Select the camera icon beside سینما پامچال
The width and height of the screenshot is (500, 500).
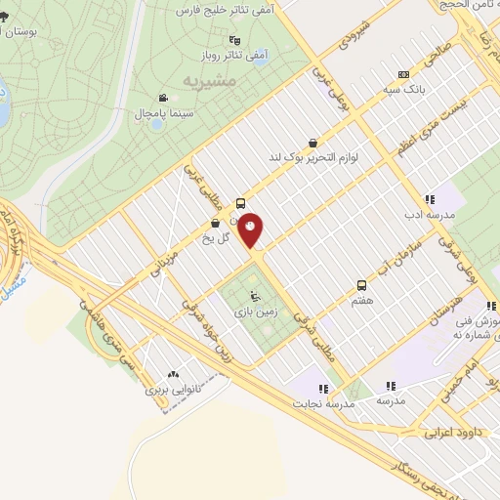click(162, 98)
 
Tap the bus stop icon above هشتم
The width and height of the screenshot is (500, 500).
click(362, 285)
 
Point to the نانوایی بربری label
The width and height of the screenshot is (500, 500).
click(171, 390)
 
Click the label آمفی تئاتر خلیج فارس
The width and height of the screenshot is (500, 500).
click(225, 9)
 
